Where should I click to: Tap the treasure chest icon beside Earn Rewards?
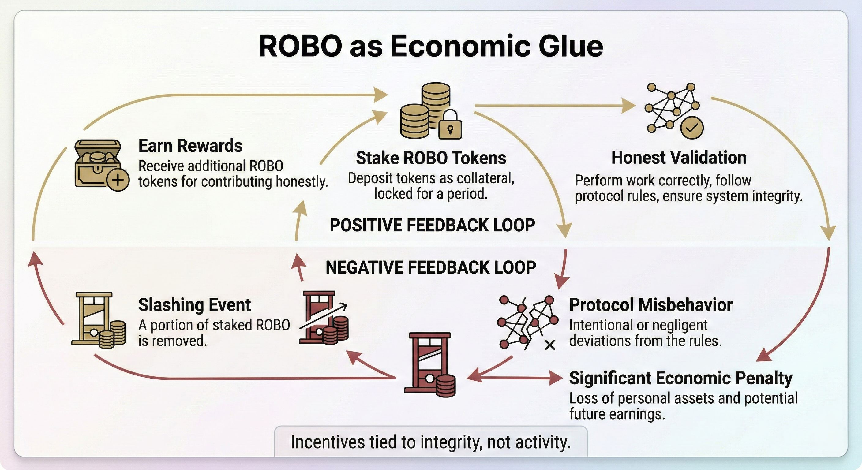97,162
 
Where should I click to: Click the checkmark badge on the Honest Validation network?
692,128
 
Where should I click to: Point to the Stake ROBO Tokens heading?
431,158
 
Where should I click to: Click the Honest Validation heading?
679,158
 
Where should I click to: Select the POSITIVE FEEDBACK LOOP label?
432,225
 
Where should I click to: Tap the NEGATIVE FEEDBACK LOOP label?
431,267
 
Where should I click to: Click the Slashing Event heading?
194,305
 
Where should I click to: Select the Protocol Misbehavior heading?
650,305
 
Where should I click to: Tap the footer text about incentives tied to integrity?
431,442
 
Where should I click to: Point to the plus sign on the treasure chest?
118,180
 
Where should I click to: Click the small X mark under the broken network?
550,345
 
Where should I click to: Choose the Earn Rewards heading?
190,146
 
